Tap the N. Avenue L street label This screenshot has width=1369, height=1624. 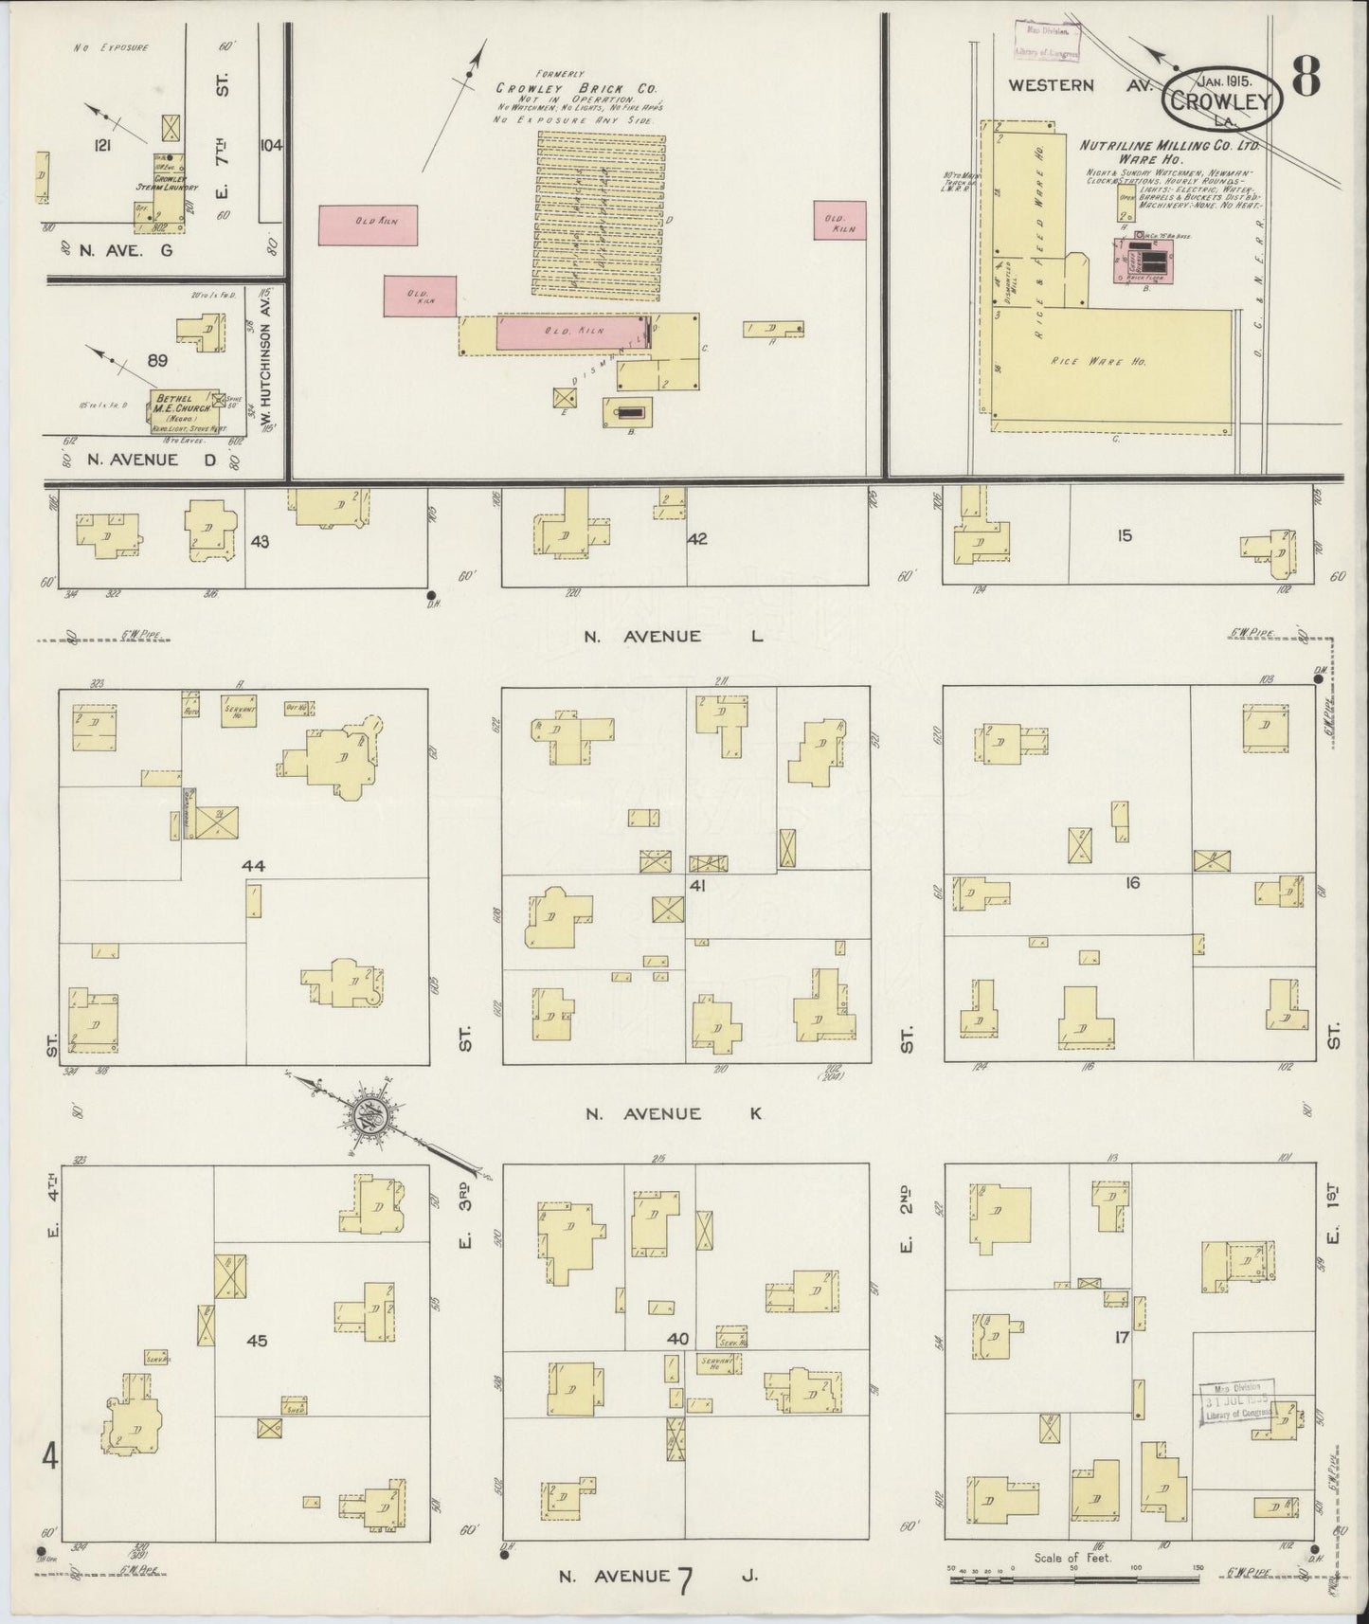[672, 636]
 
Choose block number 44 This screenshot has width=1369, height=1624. [253, 866]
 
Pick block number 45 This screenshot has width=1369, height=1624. [256, 1340]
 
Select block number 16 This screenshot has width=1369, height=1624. [1131, 883]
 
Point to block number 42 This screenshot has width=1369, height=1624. [697, 539]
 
